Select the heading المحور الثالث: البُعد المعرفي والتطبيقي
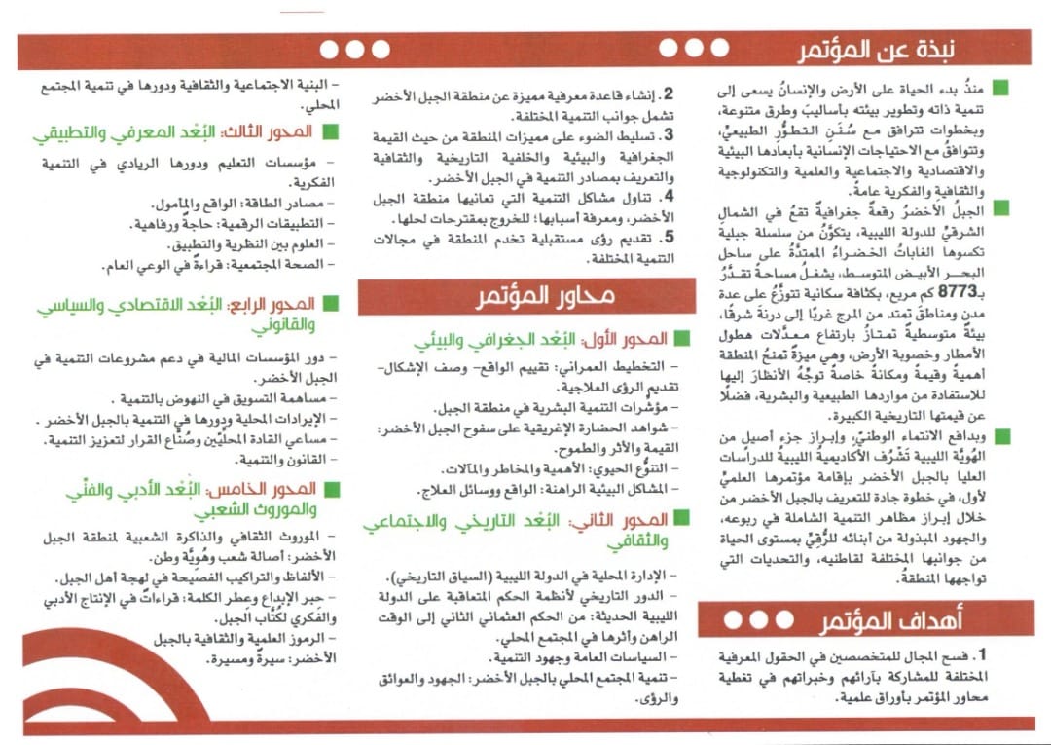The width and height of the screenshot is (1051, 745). [187, 131]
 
